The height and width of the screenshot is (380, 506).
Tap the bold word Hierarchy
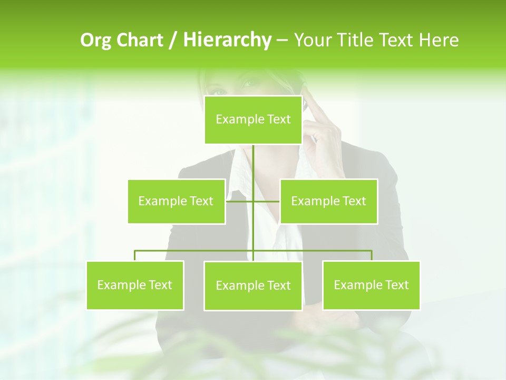coord(227,40)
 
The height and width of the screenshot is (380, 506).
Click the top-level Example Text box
coord(253,120)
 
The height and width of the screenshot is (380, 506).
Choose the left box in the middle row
coord(176,201)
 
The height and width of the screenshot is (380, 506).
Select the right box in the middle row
coord(328,201)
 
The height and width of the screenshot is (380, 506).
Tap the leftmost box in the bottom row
coord(135,285)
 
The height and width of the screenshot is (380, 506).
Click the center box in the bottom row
coord(253,286)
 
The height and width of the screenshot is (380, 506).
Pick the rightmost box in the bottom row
coord(371,285)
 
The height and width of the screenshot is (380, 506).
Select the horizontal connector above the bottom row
coord(195,251)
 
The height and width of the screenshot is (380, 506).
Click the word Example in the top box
coord(233,120)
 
